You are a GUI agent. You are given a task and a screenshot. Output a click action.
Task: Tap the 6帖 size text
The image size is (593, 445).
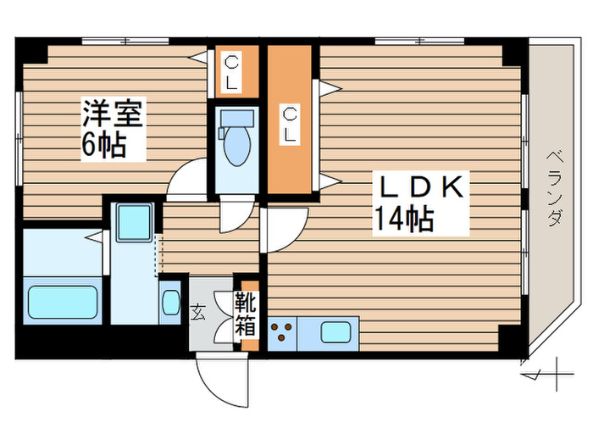(104, 145)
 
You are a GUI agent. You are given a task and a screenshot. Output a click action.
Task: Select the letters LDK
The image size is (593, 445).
(418, 186)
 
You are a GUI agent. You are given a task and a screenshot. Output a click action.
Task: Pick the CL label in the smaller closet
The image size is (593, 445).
(230, 71)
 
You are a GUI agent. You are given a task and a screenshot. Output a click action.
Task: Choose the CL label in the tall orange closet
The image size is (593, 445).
(291, 124)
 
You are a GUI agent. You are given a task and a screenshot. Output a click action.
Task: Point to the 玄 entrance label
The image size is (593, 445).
(198, 312)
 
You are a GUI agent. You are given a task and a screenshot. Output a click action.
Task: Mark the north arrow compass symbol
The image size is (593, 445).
(544, 373)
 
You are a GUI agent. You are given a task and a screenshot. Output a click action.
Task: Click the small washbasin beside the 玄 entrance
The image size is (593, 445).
(170, 302)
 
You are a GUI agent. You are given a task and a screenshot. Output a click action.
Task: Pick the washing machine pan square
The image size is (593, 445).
(134, 222)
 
